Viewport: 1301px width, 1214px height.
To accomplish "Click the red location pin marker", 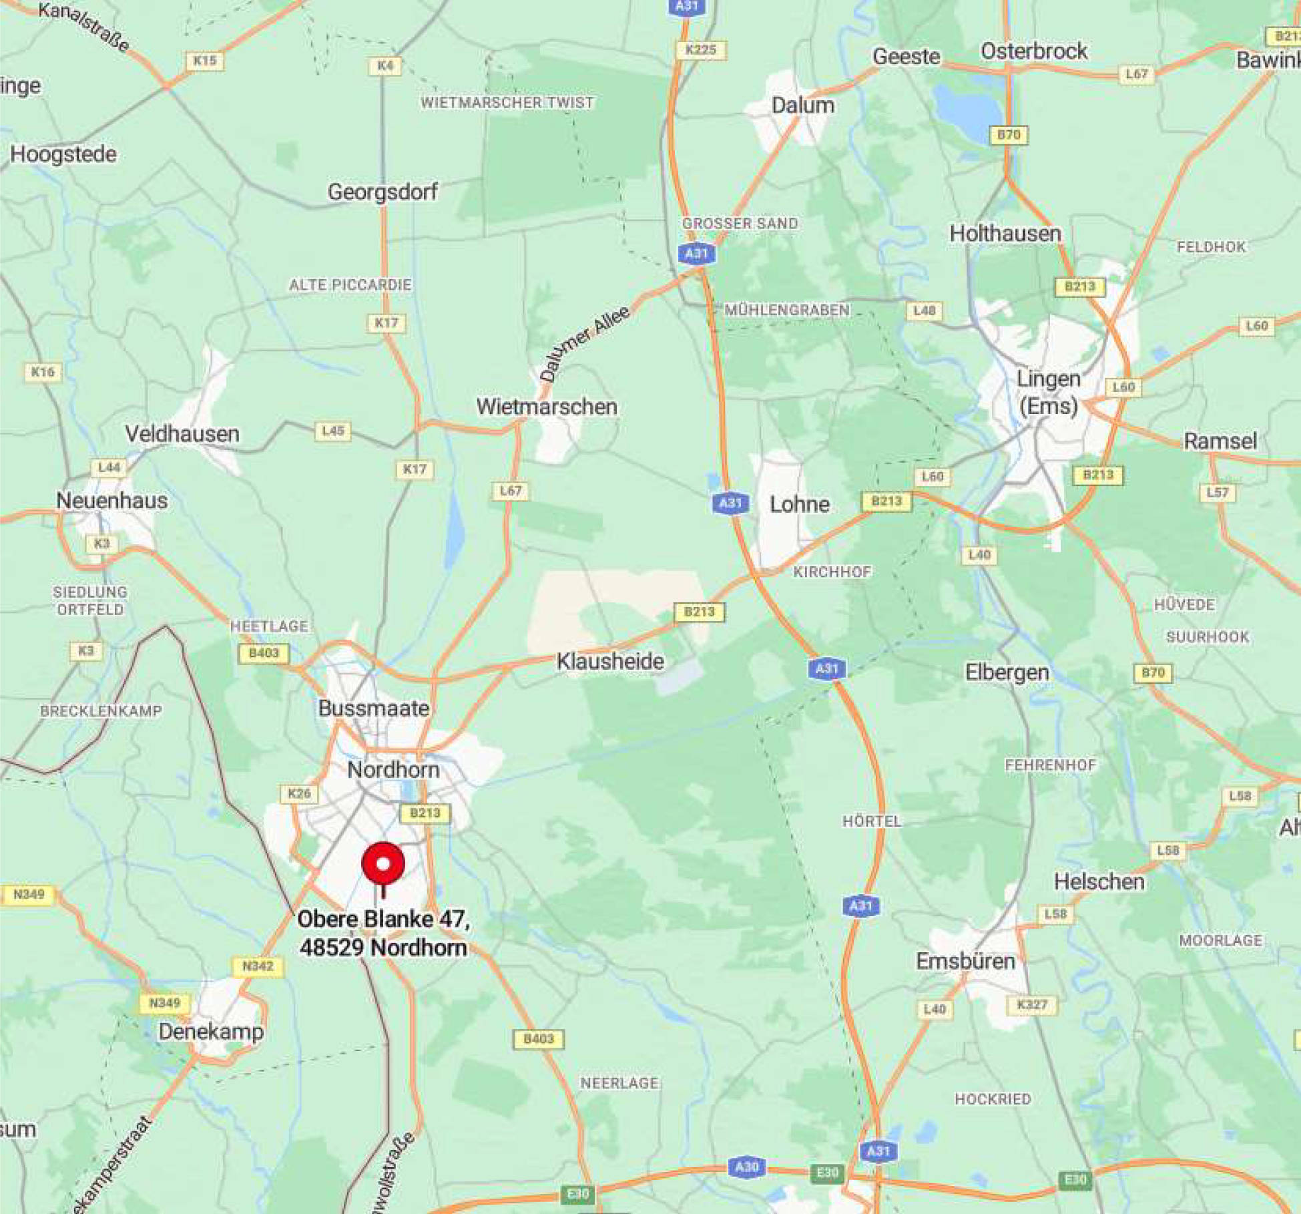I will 383,864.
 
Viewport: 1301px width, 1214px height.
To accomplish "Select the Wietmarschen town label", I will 546,407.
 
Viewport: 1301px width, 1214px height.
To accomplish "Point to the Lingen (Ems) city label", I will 1048,392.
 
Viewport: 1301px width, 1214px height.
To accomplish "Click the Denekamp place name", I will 211,1032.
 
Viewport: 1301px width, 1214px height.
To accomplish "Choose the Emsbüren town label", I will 965,961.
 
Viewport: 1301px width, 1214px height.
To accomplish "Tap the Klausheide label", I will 610,661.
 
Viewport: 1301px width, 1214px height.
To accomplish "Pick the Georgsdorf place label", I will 382,192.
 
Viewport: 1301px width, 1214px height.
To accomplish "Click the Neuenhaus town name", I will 111,500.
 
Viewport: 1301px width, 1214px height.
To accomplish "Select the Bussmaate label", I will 374,708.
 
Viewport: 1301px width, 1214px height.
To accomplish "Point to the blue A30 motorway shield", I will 746,1167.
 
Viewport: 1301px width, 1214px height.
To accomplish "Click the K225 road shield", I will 701,49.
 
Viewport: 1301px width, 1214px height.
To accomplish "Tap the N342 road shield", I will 258,966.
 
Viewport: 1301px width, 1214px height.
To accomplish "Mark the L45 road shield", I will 332,431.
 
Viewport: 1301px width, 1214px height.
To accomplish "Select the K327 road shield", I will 1032,1005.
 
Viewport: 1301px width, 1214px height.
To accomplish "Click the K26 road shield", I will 299,793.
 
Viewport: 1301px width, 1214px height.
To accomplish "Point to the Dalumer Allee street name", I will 584,343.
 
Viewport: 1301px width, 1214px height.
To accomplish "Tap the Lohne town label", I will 799,504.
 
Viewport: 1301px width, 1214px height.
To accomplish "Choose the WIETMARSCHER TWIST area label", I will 507,103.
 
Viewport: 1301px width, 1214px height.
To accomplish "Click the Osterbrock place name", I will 1033,51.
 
